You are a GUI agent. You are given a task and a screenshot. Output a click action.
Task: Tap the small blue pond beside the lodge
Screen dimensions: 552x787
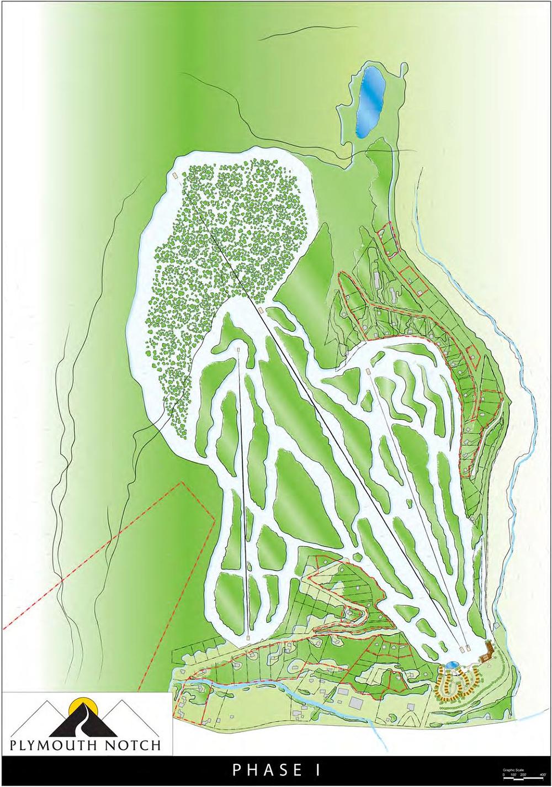click(452, 664)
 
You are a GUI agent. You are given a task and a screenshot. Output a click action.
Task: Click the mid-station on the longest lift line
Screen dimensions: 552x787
click(260, 311)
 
